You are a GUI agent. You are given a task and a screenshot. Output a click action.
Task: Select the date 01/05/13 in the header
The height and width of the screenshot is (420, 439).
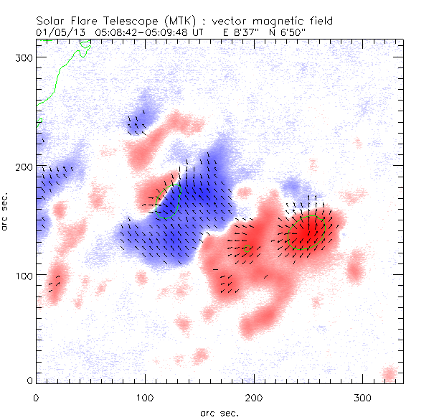55,32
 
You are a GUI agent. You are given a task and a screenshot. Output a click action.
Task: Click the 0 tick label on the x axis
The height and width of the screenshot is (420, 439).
36,396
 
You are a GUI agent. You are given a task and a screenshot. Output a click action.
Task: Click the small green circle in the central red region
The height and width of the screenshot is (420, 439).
247,249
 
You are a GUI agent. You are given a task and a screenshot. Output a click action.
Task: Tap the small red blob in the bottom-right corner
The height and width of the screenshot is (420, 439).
389,374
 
